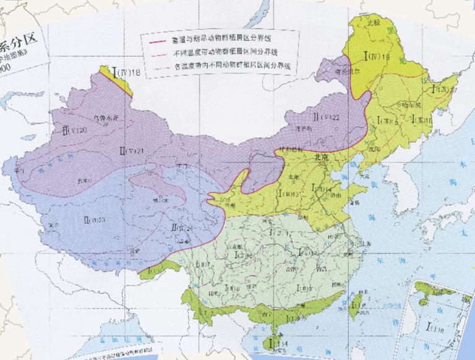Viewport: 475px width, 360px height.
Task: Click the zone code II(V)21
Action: pyautogui.click(x=132, y=150)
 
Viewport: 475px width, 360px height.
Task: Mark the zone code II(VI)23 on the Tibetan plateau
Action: pyautogui.click(x=93, y=219)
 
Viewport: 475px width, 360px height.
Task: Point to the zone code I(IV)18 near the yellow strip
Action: pyautogui.click(x=128, y=73)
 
